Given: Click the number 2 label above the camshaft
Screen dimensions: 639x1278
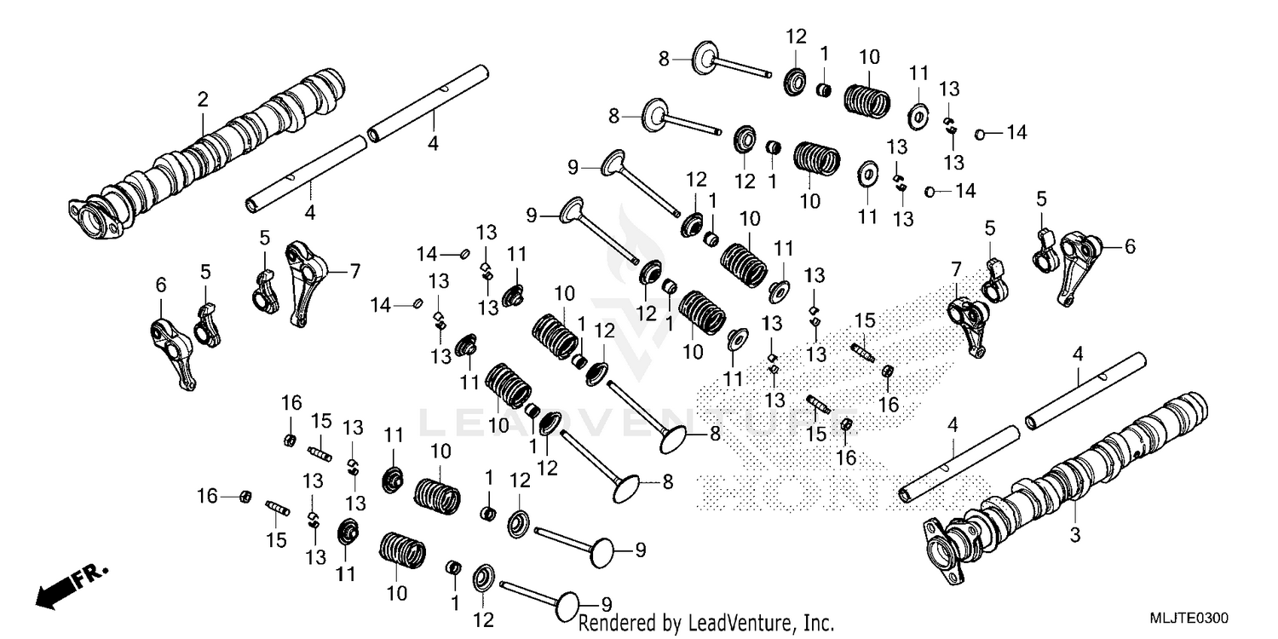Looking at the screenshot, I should tap(203, 100).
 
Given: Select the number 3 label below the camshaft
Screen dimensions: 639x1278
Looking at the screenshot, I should tap(1074, 535).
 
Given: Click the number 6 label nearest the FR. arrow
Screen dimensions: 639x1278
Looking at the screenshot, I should tap(160, 285).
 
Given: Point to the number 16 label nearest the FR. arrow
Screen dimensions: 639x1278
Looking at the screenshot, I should tap(207, 495).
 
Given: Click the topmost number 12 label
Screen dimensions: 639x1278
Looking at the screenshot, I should tap(796, 37).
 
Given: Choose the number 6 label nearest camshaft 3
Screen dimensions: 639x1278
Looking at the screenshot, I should tap(1130, 246).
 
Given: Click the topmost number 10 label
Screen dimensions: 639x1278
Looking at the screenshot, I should tap(869, 58).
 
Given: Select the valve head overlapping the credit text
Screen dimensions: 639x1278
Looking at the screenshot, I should tap(567, 607).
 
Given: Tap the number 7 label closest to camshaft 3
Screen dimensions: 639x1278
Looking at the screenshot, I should tap(956, 270).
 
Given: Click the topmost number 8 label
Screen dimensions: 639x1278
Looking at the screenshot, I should tap(665, 59).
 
